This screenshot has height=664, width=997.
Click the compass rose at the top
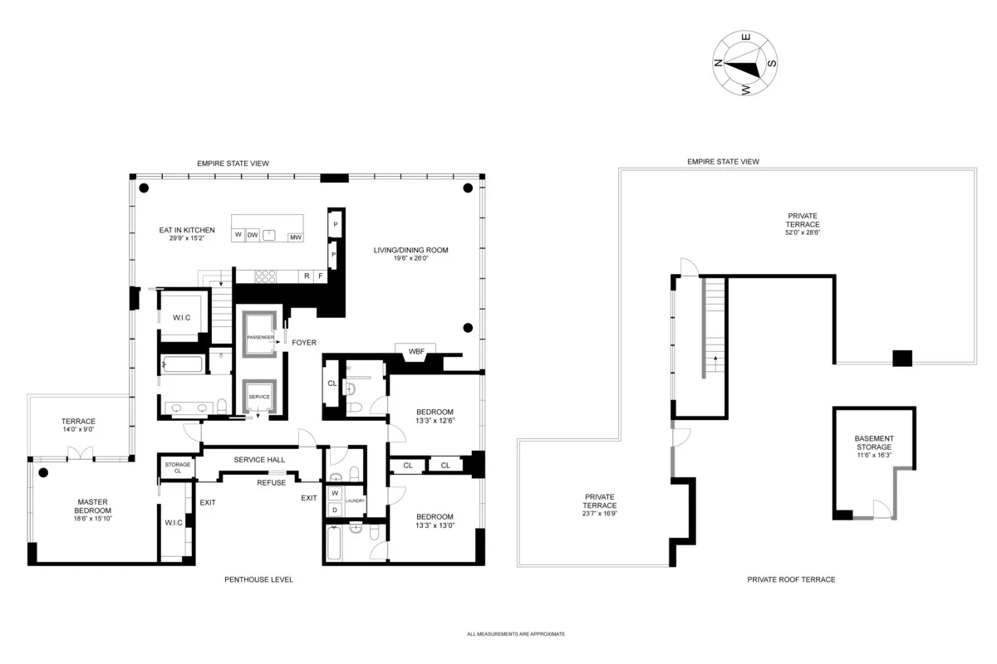744,64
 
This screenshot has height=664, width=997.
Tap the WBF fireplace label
416,352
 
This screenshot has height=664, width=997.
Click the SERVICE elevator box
259,398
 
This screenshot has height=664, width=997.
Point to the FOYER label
303,342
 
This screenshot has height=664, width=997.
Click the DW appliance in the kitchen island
253,235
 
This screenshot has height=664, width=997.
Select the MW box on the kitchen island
295,238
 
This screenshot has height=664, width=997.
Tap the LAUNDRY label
356,500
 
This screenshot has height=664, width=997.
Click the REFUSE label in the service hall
271,482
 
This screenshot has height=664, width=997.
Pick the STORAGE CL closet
177,467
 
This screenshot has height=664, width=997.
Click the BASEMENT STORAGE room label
875,442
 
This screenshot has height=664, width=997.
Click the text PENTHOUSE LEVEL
258,579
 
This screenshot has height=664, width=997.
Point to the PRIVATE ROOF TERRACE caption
790,579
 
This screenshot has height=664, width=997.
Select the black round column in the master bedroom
43,473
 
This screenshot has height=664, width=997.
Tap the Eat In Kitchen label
187,230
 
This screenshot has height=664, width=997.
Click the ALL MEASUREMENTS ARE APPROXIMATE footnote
515,633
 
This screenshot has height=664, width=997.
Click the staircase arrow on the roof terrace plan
713,364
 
